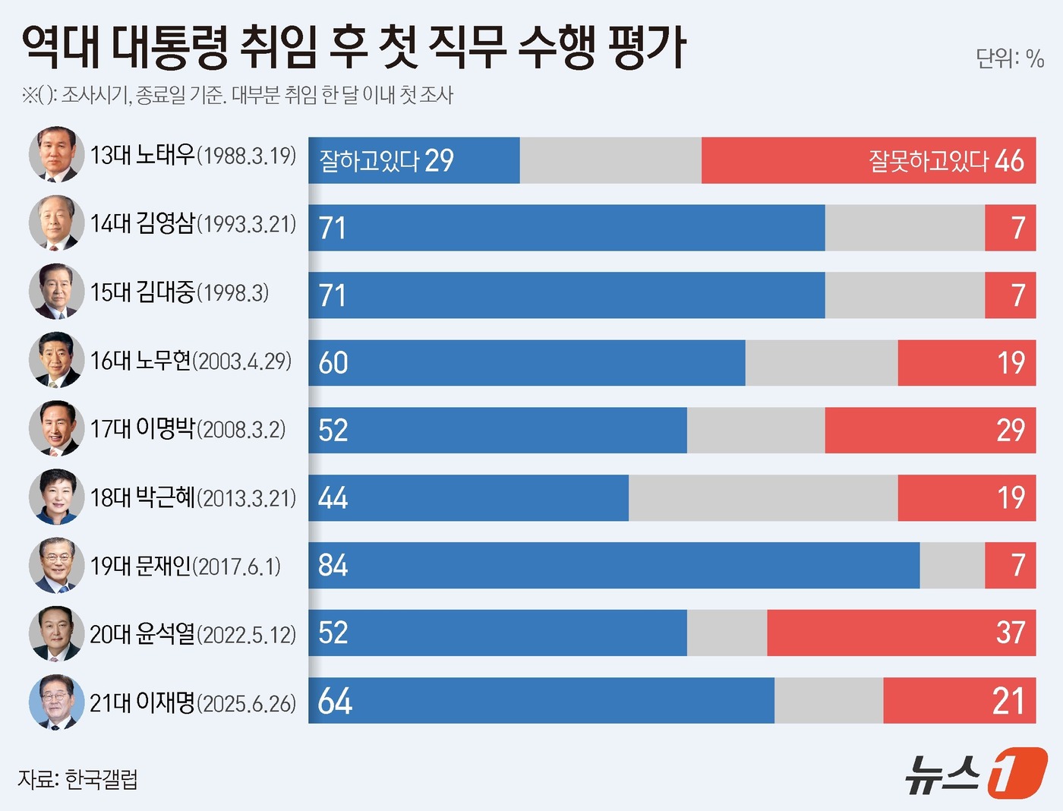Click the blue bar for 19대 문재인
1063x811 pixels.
pos(614,565)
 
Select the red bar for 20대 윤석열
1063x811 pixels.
pos(901,633)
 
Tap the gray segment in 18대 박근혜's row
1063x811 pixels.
pos(762,498)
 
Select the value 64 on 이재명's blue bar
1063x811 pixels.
pos(335,701)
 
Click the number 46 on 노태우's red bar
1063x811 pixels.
pos(1009,161)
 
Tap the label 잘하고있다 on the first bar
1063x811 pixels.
pos(369,161)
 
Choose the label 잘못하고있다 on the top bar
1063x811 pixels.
pos(928,161)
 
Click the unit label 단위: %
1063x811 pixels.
pos(1010,58)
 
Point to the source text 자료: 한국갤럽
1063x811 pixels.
pos(78,779)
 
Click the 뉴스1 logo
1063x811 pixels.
pos(975,773)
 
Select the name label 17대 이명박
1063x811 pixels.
pos(142,429)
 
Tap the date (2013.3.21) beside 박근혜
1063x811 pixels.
pos(247,498)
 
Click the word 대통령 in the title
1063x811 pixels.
pos(170,47)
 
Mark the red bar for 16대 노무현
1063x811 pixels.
pos(967,363)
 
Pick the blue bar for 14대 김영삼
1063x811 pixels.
pos(566,228)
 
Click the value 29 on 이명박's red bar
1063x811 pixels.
pos(1011,431)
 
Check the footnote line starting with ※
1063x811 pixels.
pos(238,95)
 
